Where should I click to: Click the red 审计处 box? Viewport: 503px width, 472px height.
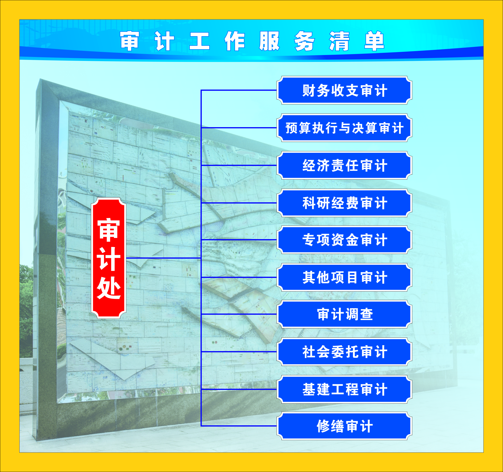tap(109, 258)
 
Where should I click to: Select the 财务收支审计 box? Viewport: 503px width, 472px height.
tap(344, 90)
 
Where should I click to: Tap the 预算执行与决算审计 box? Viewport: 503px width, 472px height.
tap(344, 128)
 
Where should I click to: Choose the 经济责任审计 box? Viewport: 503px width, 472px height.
tap(344, 166)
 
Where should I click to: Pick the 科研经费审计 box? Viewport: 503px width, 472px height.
tap(344, 203)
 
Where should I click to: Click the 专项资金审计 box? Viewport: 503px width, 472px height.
tap(344, 240)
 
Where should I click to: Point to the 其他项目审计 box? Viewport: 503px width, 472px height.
tap(344, 277)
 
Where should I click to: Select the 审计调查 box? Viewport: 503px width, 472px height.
tap(344, 314)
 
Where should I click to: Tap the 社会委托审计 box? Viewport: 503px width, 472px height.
tap(344, 352)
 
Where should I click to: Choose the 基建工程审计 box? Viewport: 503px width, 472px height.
tap(344, 389)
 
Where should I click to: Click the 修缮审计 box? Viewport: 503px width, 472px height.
tap(344, 426)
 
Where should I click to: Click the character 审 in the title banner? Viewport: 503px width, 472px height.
tap(130, 41)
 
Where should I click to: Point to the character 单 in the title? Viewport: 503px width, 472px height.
tap(374, 41)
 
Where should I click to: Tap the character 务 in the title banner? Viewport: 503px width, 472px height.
tap(304, 41)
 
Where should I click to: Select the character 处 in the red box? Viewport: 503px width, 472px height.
tap(109, 288)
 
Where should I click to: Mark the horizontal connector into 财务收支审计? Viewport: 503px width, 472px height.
tap(239, 90)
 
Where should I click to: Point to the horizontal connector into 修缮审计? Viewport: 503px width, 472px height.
tap(239, 426)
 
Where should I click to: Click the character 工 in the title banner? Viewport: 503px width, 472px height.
tap(200, 41)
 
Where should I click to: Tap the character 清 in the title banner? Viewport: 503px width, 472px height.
tap(339, 41)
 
